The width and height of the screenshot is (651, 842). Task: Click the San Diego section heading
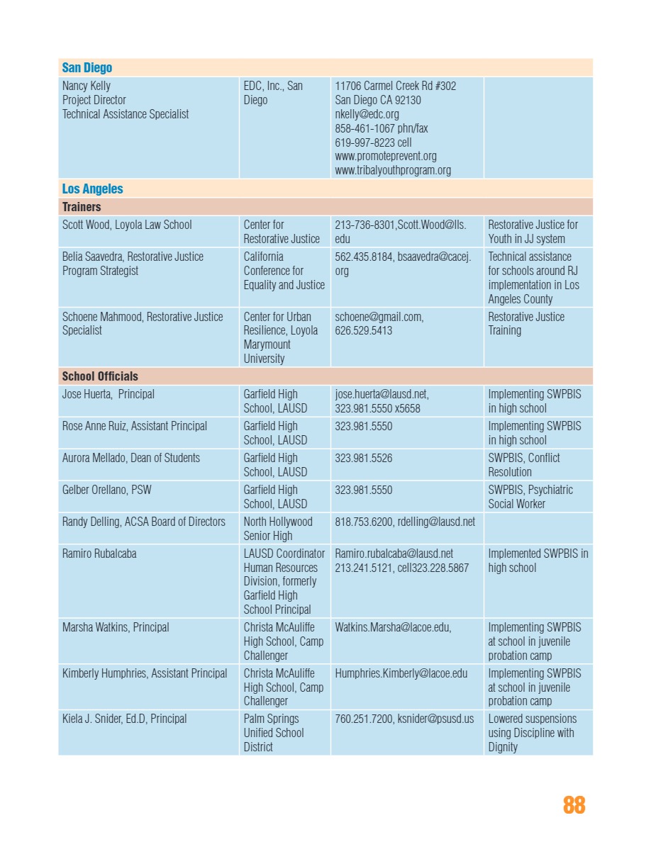87,68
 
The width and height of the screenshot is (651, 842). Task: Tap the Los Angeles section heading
92,189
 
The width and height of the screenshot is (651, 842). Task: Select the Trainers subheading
82,207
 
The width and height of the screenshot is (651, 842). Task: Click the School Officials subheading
100,376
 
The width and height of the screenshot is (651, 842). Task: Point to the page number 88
574,805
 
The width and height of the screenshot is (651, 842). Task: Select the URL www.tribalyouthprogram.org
393,170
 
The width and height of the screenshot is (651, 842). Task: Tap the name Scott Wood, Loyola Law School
127,225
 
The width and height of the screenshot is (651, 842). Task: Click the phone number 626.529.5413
363,330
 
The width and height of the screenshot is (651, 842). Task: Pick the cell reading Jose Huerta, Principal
108,394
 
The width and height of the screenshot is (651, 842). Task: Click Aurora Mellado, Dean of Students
131,458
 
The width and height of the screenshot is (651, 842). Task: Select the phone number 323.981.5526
363,458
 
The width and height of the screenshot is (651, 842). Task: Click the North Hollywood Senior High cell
278,529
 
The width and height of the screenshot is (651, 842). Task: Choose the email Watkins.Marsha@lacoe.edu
393,627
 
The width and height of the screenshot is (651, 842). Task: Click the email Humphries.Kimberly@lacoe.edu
401,673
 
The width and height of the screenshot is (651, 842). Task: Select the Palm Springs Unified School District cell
274,733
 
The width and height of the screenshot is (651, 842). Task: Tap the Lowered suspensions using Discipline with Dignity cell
533,733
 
